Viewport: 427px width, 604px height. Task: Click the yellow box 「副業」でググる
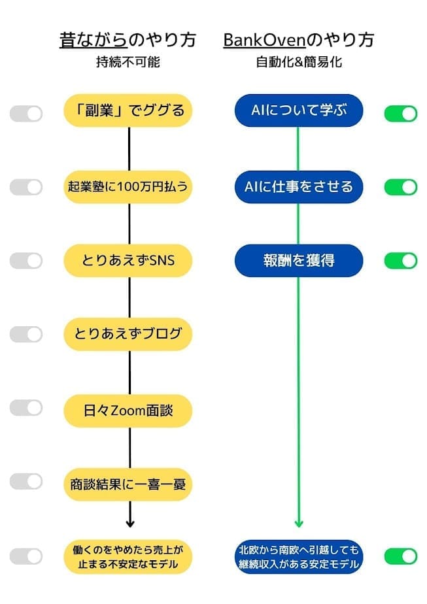click(x=129, y=110)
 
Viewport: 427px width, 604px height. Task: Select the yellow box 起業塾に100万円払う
click(x=129, y=187)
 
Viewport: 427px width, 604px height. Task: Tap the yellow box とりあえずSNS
click(x=129, y=260)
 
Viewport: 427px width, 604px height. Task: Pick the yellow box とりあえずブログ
click(x=129, y=334)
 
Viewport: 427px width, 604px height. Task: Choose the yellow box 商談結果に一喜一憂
click(x=129, y=484)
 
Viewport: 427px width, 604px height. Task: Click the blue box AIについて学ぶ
click(x=298, y=110)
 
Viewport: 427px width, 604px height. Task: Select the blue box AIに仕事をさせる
click(x=298, y=187)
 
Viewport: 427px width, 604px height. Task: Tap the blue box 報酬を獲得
click(x=298, y=260)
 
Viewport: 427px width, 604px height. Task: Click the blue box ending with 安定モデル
click(x=298, y=556)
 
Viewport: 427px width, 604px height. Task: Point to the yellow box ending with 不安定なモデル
click(x=129, y=556)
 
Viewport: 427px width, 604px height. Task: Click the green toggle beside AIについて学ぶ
click(x=400, y=114)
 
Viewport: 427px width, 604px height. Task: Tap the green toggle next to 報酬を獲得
click(x=400, y=261)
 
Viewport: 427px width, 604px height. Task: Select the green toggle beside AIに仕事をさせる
click(x=400, y=187)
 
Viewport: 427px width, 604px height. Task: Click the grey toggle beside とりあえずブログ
click(x=26, y=334)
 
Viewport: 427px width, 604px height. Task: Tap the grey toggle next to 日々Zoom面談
click(x=26, y=408)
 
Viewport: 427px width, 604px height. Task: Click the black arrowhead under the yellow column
click(x=129, y=522)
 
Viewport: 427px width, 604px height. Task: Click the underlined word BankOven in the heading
click(x=264, y=40)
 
